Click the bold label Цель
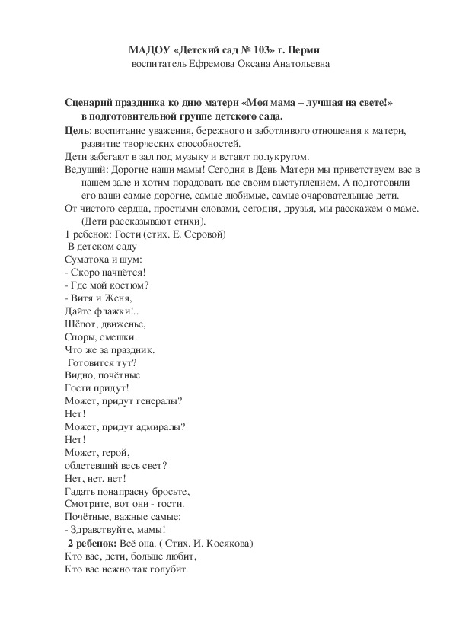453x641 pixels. click(78, 131)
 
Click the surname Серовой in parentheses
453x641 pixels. click(203, 234)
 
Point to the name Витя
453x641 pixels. click(81, 298)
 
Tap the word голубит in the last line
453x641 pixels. click(167, 570)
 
